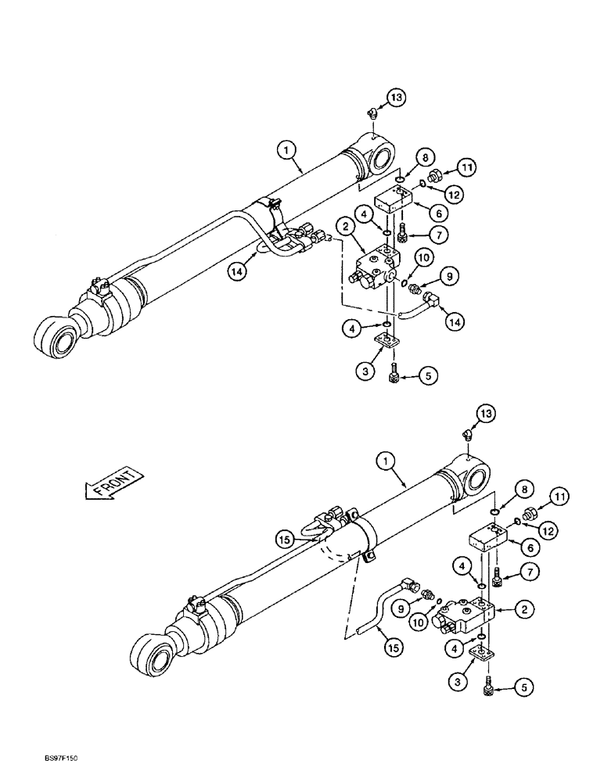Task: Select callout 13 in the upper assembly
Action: point(396,98)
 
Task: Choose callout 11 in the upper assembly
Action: point(468,167)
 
